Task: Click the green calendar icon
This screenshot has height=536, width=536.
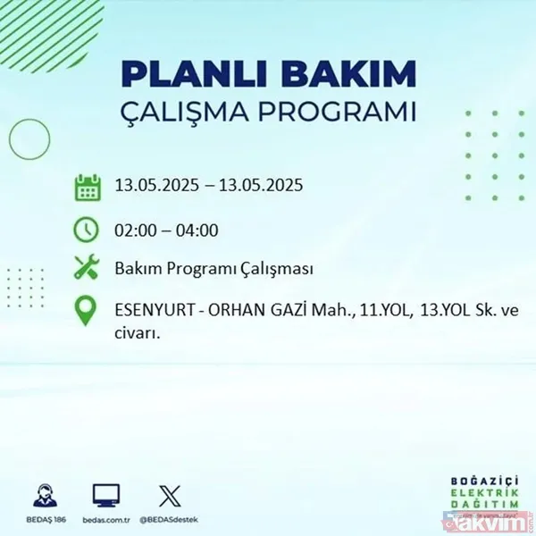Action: pos(87,187)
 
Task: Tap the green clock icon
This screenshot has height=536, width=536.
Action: pos(87,230)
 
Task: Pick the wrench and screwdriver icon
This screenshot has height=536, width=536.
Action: pos(87,268)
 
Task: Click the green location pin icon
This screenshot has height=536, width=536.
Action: pos(87,311)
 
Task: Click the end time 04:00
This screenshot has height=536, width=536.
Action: pos(197,230)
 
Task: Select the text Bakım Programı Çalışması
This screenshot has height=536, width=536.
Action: pos(214,269)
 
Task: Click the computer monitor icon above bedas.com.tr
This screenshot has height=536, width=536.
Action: pos(106,495)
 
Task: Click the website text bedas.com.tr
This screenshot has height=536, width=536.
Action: pos(106,517)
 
